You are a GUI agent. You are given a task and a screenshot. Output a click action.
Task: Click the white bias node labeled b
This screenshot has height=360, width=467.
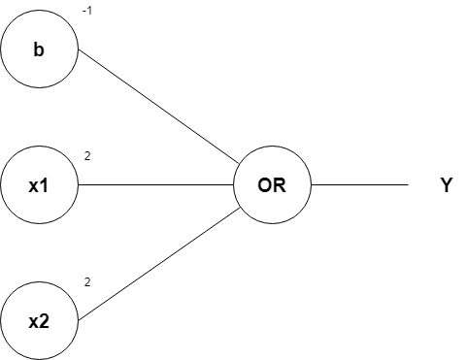[39, 49]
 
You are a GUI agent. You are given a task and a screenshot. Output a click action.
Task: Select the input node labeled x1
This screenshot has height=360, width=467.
[39, 184]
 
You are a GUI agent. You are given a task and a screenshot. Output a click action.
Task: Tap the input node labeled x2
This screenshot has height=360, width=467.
[39, 320]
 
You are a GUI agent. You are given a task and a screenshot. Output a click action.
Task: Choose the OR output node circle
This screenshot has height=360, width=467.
[272, 184]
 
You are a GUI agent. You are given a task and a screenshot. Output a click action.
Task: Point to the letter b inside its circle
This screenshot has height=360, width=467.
[39, 49]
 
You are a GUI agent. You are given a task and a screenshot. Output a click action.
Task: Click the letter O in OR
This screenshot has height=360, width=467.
[266, 184]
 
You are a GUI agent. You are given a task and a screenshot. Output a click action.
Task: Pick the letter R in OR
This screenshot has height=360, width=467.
[278, 184]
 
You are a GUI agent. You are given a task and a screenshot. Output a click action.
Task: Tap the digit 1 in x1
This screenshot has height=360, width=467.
[44, 184]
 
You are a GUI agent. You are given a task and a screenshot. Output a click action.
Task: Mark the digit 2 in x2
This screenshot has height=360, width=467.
[44, 320]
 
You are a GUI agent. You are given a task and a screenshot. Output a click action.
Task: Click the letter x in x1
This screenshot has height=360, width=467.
[34, 185]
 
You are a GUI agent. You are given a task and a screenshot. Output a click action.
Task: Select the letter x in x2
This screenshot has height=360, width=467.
[34, 321]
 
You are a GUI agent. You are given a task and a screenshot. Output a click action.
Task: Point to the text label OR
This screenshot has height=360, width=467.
[272, 184]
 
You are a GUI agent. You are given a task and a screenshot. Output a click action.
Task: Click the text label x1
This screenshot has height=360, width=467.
[39, 184]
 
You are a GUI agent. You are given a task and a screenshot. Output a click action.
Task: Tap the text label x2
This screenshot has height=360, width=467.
[39, 320]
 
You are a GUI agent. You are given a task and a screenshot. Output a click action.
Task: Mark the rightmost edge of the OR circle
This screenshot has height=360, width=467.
[310, 184]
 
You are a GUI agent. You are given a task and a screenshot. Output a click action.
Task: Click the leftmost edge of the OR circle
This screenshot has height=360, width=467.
[234, 184]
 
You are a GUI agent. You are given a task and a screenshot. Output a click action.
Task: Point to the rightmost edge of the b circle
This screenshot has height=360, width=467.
[77, 49]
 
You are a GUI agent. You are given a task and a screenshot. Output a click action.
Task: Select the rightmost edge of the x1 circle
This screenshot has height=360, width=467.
[77, 184]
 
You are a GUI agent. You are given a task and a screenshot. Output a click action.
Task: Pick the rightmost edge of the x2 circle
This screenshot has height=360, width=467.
[77, 320]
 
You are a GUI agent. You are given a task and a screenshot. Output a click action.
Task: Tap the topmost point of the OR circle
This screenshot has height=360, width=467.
[272, 147]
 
